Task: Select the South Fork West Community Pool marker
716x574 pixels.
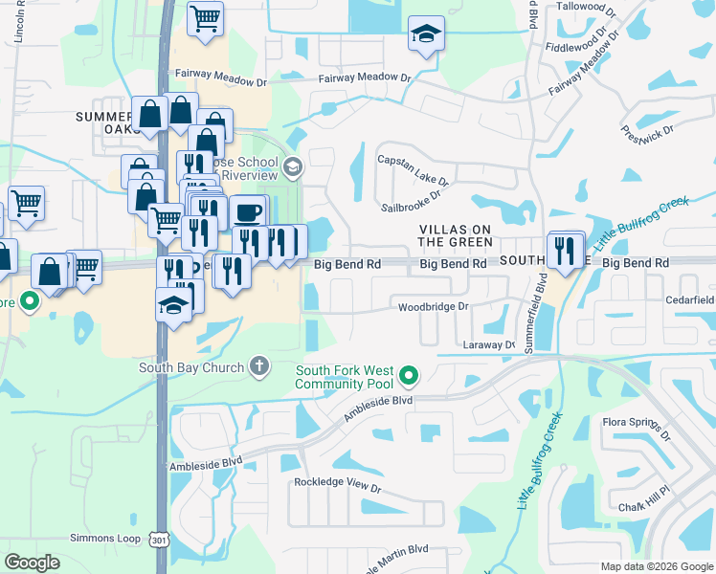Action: click(410, 376)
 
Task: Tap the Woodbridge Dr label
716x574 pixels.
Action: click(433, 307)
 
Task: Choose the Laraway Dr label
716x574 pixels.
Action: click(488, 344)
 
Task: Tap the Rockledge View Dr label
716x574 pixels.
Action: click(337, 485)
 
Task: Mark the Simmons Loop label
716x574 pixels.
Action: click(105, 539)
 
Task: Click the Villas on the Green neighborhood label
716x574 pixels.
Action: click(456, 235)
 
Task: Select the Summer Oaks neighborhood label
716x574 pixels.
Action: click(108, 121)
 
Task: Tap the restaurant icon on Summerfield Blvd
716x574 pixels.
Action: click(565, 251)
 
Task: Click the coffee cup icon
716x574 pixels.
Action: click(248, 211)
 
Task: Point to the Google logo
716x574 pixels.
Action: click(33, 563)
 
